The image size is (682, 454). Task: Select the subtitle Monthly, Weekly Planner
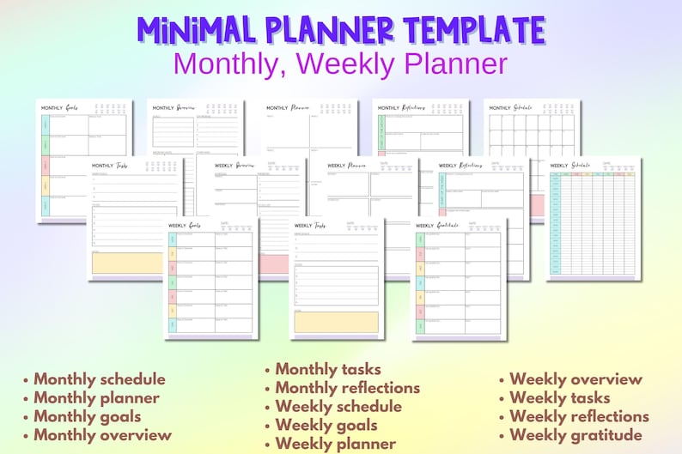coord(340,64)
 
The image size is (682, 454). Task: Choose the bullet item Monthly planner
coord(96,397)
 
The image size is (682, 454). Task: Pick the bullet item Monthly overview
coord(102,435)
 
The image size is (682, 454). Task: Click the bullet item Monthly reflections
coord(347,388)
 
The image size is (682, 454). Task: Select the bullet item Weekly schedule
coord(338,407)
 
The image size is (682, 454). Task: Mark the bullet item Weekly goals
coord(326,425)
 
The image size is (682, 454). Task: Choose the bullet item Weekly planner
coord(335,444)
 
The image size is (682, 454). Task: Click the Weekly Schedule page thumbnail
coord(594,218)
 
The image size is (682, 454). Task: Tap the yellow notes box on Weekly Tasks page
coord(336,322)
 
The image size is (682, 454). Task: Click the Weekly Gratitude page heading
coord(437,226)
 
